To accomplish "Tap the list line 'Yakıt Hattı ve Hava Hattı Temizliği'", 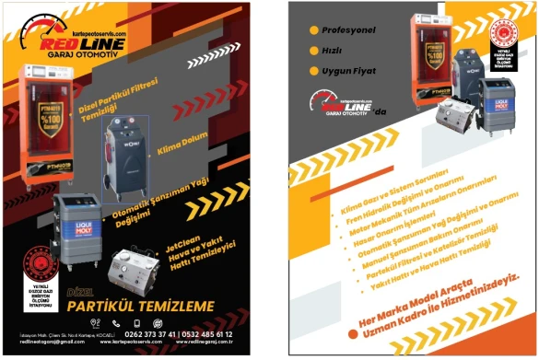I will tap(434, 273).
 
